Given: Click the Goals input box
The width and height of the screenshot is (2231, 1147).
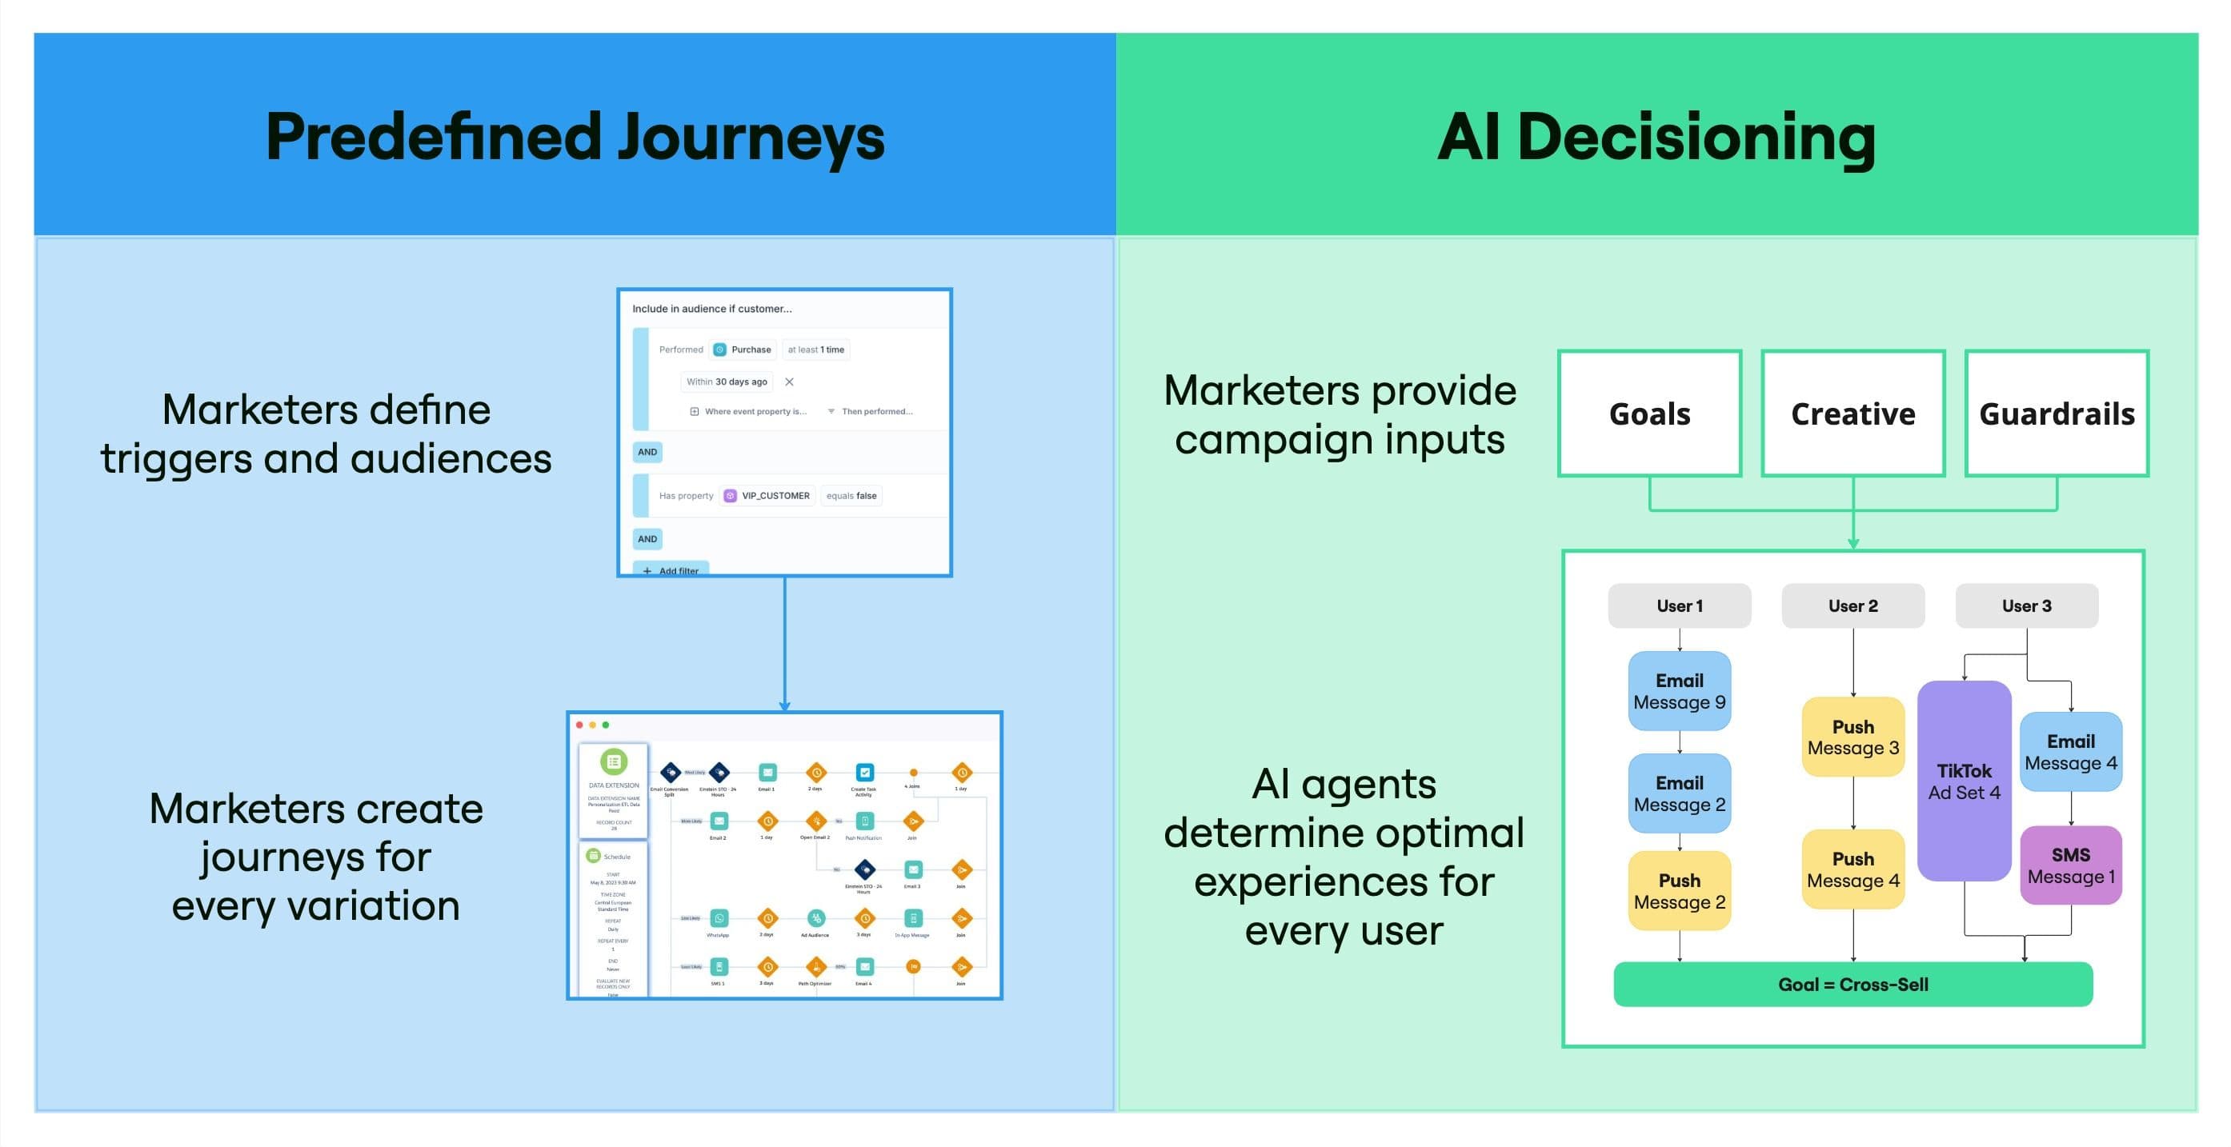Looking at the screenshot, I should (1649, 414).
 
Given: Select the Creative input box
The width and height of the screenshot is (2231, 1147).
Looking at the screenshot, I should (1852, 414).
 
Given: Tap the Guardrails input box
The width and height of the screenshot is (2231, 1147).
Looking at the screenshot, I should (2056, 414).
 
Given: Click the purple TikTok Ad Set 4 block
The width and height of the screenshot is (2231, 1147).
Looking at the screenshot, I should (1964, 781).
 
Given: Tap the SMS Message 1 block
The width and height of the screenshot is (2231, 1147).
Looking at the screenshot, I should (2070, 865).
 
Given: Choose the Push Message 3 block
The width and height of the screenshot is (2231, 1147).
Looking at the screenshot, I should (1852, 737).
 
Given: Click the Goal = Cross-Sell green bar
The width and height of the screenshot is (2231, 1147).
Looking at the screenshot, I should (1852, 985).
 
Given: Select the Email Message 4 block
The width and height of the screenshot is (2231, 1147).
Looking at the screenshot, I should (2070, 751).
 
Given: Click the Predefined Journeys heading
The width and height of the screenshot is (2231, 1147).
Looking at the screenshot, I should (575, 137).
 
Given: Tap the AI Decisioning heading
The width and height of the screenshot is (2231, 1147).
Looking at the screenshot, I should (1656, 137).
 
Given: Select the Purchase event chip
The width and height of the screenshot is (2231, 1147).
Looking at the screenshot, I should (743, 350).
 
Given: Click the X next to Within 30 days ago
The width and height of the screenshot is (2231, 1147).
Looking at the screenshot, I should (789, 382).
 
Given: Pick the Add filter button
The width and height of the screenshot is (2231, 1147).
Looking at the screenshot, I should (671, 570).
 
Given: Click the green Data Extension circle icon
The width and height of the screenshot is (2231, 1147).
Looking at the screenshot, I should (613, 761).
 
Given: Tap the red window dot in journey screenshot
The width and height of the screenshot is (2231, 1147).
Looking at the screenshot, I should (579, 725).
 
